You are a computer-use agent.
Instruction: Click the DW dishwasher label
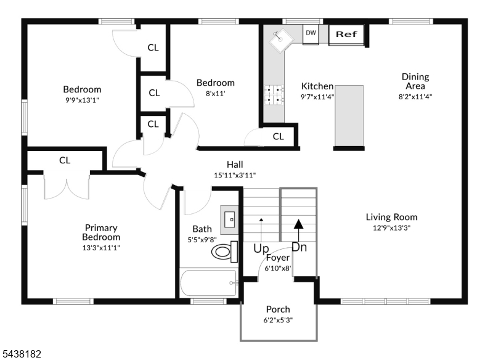tap(311, 33)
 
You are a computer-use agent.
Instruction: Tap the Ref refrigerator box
tap(346, 35)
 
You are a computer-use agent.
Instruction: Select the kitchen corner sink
tap(281, 40)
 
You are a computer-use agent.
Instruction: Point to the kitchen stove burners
tap(274, 95)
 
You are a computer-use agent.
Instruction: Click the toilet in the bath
tap(224, 252)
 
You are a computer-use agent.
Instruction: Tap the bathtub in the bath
tap(208, 283)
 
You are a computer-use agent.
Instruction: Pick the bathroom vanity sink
tap(229, 219)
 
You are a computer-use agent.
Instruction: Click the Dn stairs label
tap(299, 247)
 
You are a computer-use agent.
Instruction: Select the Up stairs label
tap(261, 248)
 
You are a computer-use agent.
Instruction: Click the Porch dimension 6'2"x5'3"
tap(278, 321)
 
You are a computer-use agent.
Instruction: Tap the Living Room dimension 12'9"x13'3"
tap(391, 227)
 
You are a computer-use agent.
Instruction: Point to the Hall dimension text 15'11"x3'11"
tap(235, 175)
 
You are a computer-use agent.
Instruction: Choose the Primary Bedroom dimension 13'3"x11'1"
tap(101, 248)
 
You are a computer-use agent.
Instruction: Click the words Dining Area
tap(415, 81)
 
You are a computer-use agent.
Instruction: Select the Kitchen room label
tap(317, 86)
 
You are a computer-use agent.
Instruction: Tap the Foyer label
tap(278, 258)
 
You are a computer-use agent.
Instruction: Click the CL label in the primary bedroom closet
tap(65, 160)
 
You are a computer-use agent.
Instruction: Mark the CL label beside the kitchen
tap(279, 136)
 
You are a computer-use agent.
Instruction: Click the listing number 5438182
tap(21, 354)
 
